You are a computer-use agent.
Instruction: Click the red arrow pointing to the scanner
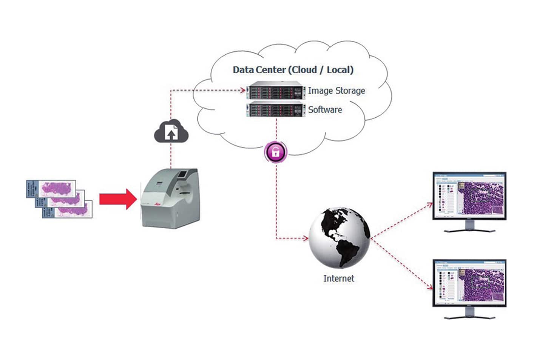coord(117,199)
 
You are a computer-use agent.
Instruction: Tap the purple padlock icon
coord(276,152)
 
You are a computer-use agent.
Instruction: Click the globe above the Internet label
coord(339,238)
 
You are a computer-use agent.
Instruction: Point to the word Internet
coord(339,278)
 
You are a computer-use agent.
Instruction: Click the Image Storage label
coord(336,91)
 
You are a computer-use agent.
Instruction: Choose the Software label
coord(325,110)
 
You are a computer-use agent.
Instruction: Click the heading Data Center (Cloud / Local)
coord(293,70)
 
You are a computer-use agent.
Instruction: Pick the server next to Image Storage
coord(276,91)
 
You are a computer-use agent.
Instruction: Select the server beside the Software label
coord(276,109)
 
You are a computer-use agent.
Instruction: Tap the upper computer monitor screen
coord(469,196)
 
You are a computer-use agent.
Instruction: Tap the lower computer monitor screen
coord(469,283)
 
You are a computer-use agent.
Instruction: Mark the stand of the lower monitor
coord(469,314)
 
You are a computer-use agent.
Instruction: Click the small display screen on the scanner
coord(182,174)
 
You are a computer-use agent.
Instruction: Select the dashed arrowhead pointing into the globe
coord(306,238)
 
